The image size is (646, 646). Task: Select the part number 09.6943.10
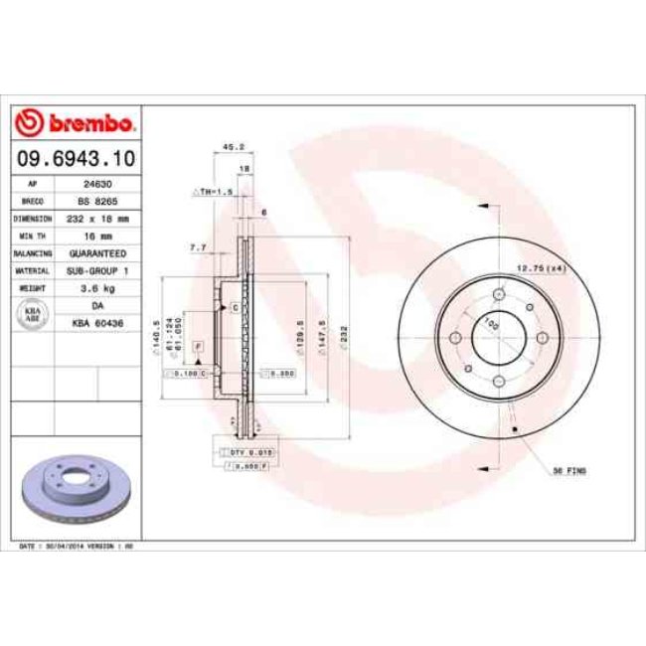pos(76,158)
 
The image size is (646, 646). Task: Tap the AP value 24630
pos(97,185)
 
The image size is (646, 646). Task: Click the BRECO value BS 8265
pos(97,202)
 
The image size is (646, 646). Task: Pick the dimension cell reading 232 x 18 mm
pos(97,219)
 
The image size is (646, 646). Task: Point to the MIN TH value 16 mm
pos(97,237)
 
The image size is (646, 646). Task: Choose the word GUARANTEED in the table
pos(97,253)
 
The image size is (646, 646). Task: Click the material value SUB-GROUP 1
pos(97,270)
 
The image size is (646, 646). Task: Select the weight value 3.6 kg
pos(97,288)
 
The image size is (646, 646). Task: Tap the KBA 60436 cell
pos(97,323)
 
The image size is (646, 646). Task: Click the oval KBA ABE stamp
pos(33,314)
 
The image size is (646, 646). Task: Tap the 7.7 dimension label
pos(197,247)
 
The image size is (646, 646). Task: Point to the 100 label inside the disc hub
pos(490,323)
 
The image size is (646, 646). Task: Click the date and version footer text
pos(76,547)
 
